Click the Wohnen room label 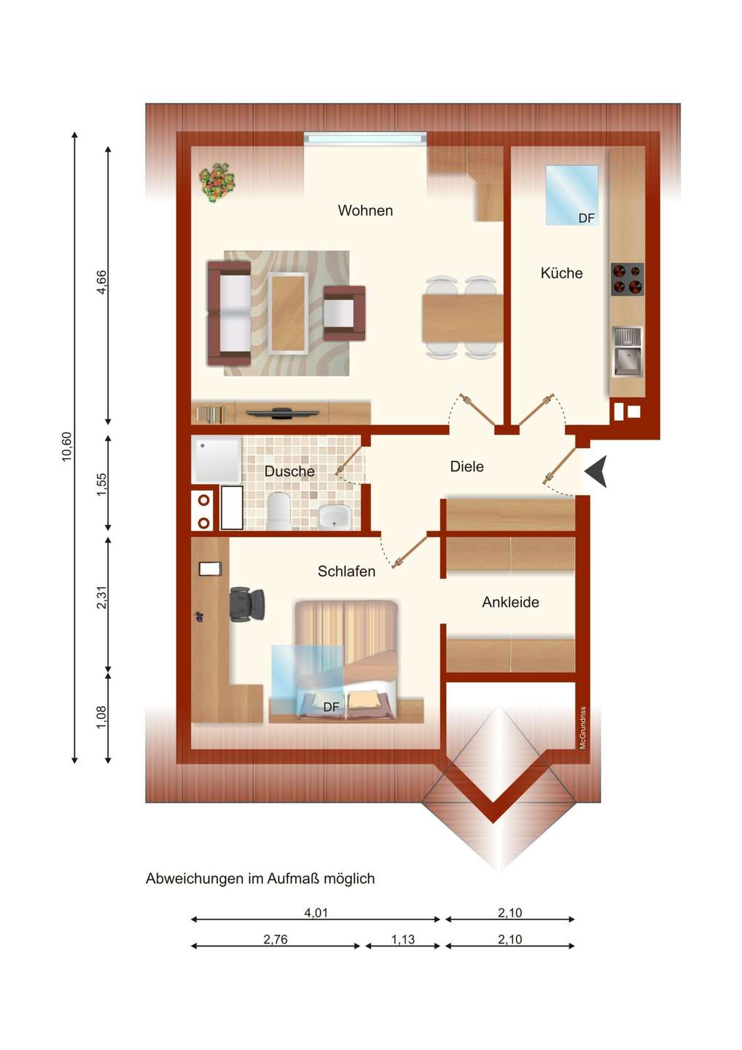[365, 211]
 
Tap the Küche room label [561, 273]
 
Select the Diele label [466, 467]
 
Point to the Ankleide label [510, 602]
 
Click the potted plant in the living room [216, 183]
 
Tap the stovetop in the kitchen [627, 279]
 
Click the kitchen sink [628, 351]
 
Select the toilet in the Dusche [279, 510]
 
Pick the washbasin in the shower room [334, 516]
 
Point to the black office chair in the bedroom [246, 604]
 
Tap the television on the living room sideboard [283, 413]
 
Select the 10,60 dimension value [67, 446]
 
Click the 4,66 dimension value [101, 282]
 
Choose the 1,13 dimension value [403, 939]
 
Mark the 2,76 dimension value [276, 939]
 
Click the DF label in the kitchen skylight [586, 218]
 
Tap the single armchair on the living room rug [344, 313]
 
